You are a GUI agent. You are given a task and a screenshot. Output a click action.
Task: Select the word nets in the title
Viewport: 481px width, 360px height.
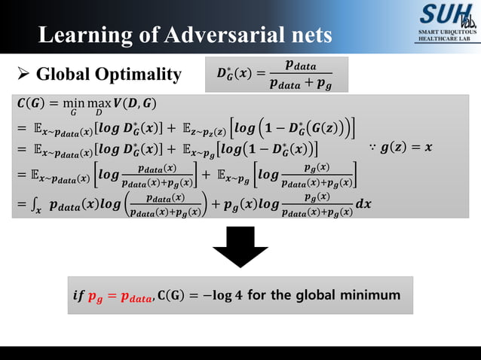308,35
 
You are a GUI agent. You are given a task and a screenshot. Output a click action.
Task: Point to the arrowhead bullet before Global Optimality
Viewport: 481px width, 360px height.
23,74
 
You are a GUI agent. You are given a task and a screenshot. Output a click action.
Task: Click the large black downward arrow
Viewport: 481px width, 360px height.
240,247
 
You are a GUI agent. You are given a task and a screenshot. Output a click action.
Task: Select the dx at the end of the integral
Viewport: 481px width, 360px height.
365,204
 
